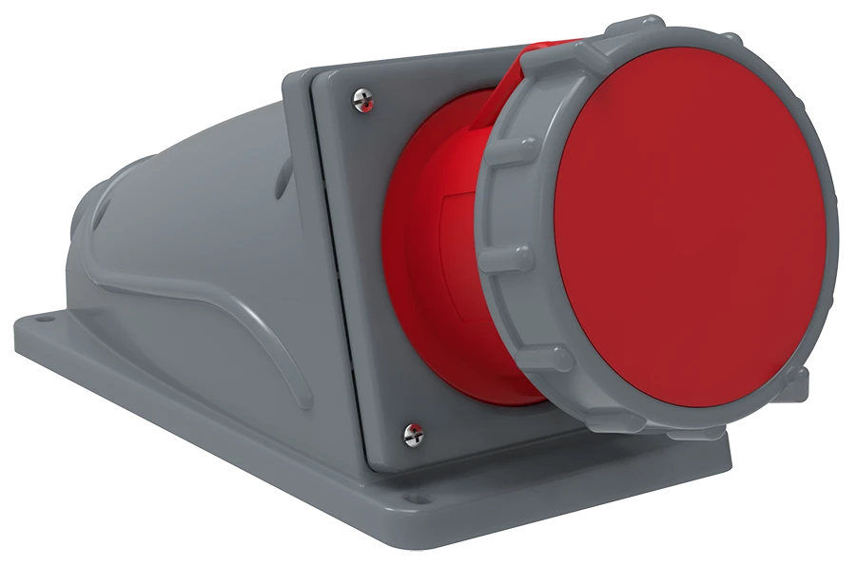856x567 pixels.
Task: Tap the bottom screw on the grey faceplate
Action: click(x=415, y=434)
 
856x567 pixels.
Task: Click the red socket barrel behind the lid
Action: click(x=433, y=247)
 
